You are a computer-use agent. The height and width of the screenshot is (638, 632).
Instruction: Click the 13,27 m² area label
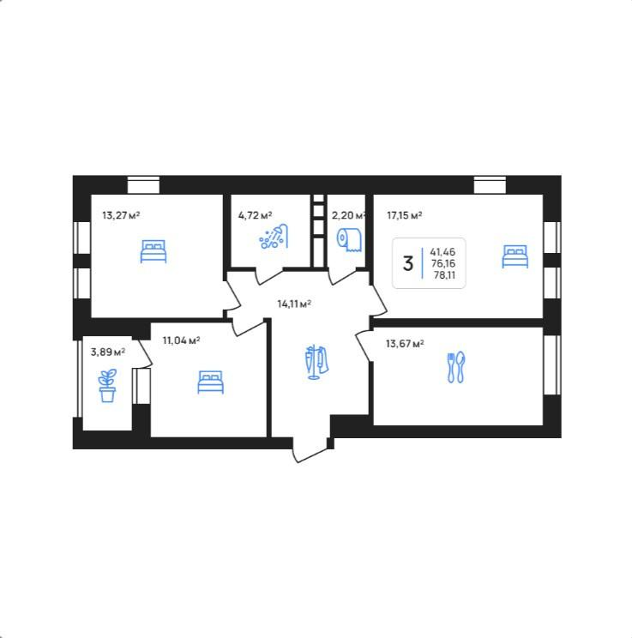pos(121,215)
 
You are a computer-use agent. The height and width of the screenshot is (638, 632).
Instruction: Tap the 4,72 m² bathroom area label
pos(255,215)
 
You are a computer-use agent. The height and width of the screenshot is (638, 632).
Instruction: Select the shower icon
pos(274,237)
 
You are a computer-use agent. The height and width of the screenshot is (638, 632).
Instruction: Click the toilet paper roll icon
pos(349,239)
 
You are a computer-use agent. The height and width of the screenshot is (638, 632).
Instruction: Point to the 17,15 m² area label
pos(404,215)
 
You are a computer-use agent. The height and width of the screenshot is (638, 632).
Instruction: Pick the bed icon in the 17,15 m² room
pos(515,256)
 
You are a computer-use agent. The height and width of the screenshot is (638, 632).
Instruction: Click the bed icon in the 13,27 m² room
pos(153,251)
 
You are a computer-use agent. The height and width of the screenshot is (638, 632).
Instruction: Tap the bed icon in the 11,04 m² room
pos(210,382)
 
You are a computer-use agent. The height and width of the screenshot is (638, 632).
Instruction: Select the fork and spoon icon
pos(456,367)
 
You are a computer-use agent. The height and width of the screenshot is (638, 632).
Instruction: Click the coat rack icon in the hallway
pos(316,362)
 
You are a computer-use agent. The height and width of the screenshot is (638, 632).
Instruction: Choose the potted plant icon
pos(107,385)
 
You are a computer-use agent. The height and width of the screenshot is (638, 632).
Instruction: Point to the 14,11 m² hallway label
pos(294,304)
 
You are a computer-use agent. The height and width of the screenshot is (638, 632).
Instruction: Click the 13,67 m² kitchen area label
pos(405,344)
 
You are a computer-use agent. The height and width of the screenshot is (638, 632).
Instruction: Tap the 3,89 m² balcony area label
pos(107,352)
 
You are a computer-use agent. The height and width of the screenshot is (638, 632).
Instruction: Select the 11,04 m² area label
pos(181,340)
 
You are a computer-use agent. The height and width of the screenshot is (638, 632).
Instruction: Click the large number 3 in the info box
pos(408,263)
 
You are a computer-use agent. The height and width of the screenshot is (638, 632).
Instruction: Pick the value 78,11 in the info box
pos(444,275)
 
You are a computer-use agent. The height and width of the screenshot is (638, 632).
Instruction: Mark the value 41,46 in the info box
pos(442,252)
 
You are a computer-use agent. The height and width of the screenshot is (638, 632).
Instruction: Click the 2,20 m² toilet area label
pos(348,215)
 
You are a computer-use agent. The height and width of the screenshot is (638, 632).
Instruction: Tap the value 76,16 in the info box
pos(443,263)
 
